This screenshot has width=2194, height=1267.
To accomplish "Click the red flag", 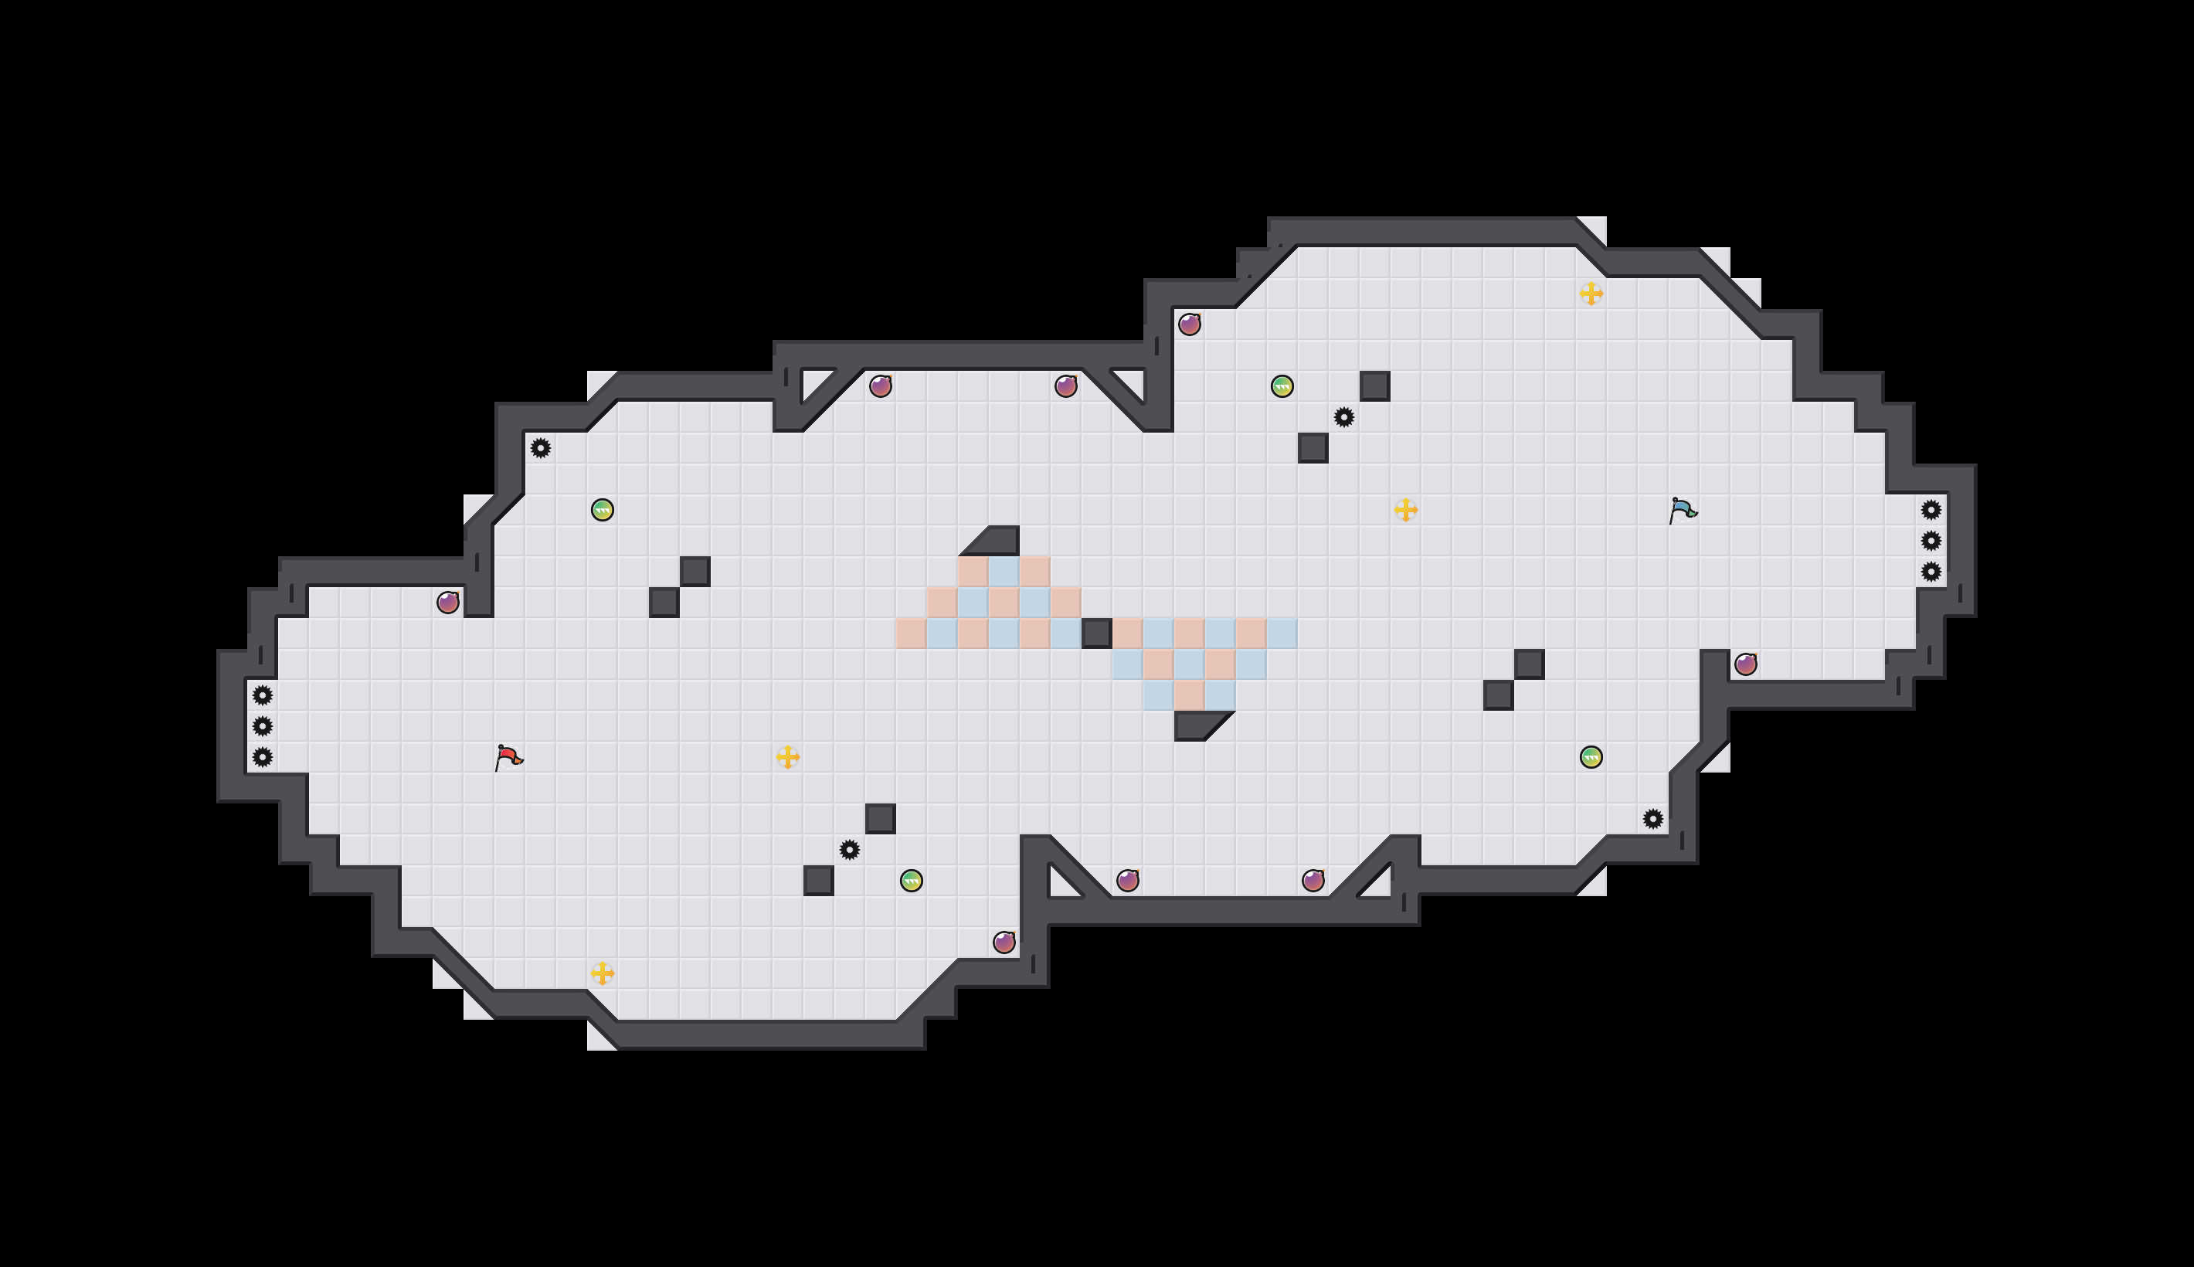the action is click(x=508, y=757).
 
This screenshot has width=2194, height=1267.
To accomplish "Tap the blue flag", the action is click(x=1683, y=510).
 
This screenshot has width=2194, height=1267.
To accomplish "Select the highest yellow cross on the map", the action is click(x=1591, y=294).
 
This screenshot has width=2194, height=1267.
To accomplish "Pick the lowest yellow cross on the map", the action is click(x=602, y=973).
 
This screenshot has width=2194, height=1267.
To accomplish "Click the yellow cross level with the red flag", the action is click(x=787, y=757).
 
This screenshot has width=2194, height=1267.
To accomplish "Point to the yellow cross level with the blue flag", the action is click(x=1406, y=510).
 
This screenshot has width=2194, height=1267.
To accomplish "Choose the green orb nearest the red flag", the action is click(x=602, y=510).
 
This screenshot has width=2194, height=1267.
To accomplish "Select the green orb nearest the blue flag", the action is click(x=1591, y=757).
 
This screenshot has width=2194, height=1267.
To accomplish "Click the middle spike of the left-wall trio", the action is click(x=263, y=725).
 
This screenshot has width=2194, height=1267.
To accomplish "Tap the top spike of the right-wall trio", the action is click(x=1931, y=510).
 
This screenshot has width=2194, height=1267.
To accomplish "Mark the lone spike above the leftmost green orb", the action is click(x=540, y=448).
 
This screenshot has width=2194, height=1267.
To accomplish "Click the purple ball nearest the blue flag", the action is click(x=1745, y=664).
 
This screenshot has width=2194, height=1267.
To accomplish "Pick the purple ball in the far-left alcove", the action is click(x=448, y=602).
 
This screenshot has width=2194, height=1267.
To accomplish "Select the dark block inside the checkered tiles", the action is click(x=1096, y=633).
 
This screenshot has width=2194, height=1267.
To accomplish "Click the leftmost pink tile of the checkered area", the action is click(x=911, y=633).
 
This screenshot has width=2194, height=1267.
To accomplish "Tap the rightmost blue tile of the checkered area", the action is click(x=1282, y=633).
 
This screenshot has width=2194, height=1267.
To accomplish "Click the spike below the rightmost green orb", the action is click(x=1653, y=819).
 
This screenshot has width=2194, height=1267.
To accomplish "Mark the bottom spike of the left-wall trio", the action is click(x=263, y=757).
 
